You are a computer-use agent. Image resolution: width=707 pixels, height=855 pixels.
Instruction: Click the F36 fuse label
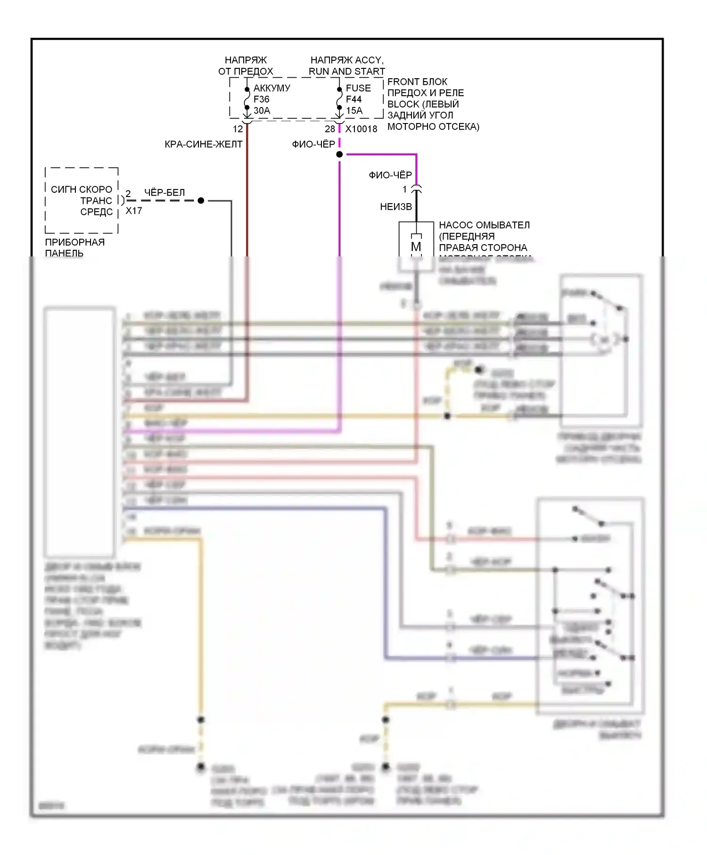262,99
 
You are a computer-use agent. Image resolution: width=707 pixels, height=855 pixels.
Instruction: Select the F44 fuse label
353,99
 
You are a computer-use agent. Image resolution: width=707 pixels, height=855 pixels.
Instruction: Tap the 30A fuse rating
262,111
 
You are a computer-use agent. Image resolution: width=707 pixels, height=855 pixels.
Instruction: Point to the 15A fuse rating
354,111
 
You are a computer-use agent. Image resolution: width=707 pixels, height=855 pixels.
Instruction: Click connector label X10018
361,129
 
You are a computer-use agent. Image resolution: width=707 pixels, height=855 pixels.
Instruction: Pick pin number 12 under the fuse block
238,129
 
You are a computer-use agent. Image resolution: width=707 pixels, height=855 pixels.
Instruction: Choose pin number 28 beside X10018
330,129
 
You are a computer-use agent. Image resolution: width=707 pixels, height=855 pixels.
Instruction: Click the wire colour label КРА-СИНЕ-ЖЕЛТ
204,144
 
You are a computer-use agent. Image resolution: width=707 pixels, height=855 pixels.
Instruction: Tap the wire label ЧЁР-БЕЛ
164,193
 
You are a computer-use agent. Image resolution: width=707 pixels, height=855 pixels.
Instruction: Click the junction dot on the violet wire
339,155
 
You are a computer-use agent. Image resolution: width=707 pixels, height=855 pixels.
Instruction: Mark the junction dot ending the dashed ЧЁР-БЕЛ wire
201,201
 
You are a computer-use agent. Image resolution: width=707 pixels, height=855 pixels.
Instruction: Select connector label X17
134,211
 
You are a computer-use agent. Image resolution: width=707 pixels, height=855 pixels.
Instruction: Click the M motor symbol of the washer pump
416,247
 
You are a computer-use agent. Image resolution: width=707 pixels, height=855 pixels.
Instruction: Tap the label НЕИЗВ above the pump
396,207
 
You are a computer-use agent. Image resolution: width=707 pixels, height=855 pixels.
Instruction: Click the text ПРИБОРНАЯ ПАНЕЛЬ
74,247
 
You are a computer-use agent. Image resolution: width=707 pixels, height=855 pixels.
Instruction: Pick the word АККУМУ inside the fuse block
272,88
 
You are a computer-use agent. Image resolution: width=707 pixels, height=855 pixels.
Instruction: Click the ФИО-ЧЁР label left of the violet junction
313,144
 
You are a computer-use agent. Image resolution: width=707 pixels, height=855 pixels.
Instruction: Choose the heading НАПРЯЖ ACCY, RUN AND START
347,66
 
